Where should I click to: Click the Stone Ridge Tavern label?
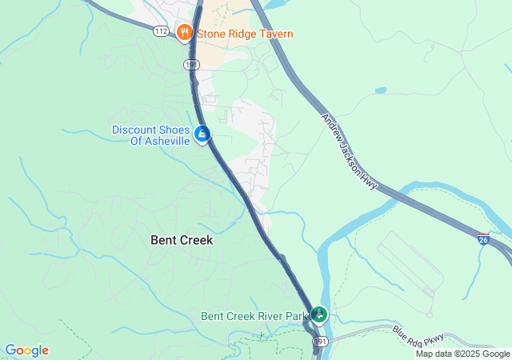(x=244, y=34)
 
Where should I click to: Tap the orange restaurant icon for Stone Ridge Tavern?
(x=185, y=33)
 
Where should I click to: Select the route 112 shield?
(x=161, y=31)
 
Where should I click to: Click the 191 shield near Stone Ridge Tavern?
(x=190, y=63)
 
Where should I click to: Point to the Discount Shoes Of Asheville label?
(x=150, y=135)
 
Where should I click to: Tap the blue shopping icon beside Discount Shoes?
(x=203, y=133)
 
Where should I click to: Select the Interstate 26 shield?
(x=482, y=238)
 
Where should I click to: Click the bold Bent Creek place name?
(x=182, y=239)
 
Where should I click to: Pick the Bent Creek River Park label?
(x=254, y=316)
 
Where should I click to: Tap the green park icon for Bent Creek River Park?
(x=319, y=314)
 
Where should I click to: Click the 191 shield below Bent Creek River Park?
(x=320, y=342)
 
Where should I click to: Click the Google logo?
(x=26, y=350)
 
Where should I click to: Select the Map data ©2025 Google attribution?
(x=462, y=354)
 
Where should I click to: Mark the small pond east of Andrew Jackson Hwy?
(x=380, y=90)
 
